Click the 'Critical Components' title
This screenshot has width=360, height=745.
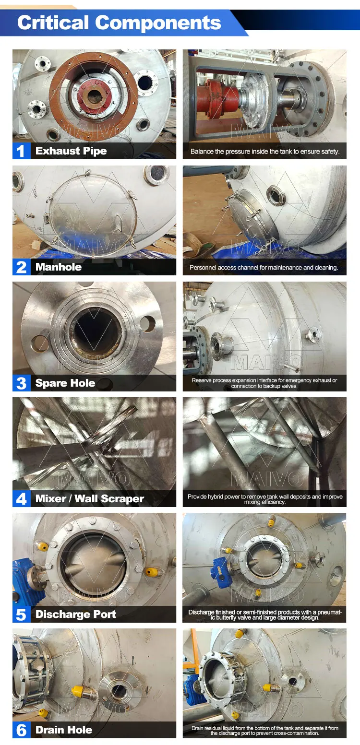click(x=119, y=23)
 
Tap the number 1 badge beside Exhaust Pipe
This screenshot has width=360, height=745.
click(x=21, y=151)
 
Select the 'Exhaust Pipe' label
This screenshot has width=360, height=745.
click(x=71, y=151)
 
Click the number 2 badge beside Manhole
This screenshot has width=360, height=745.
click(x=21, y=267)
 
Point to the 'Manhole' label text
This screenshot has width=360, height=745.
click(x=59, y=267)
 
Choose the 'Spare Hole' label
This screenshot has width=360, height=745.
click(x=65, y=383)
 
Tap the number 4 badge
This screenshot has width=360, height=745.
click(x=21, y=499)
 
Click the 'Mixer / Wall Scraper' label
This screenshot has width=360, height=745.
click(x=90, y=499)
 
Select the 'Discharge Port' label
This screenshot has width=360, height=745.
click(x=76, y=615)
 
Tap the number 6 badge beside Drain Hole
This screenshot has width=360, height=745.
click(x=21, y=731)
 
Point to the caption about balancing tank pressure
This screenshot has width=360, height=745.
click(x=264, y=152)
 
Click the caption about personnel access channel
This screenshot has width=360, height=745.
click(x=264, y=268)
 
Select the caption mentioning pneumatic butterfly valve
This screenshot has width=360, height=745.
click(x=264, y=615)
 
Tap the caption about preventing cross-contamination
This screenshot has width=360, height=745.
click(x=264, y=731)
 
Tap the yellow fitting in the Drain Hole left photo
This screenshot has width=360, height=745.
click(x=79, y=691)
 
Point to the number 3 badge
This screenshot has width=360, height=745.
click(x=21, y=383)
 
